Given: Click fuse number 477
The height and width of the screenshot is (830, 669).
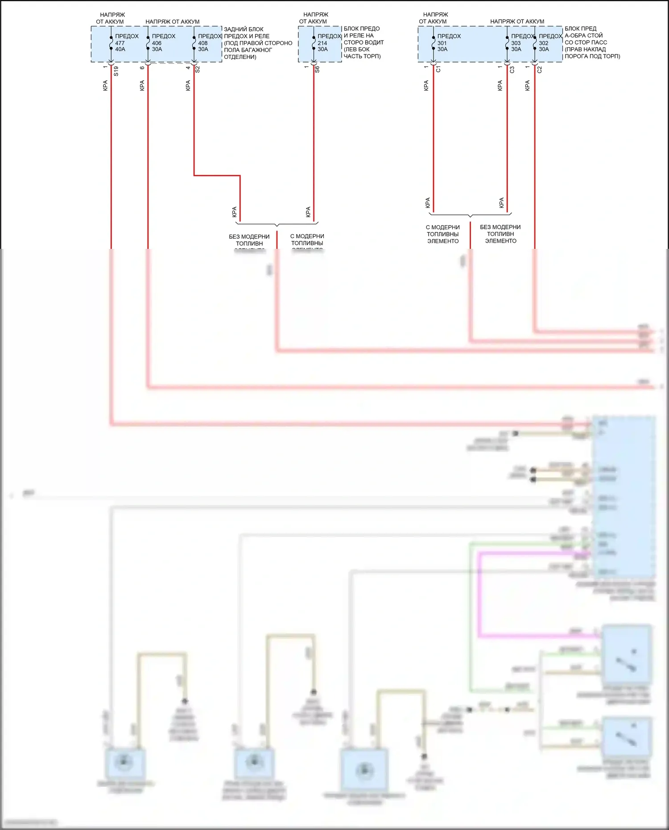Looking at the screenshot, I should (x=120, y=43).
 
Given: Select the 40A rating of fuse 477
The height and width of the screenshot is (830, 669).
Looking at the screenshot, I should (x=120, y=50).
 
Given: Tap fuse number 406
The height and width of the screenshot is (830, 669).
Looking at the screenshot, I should (x=157, y=43).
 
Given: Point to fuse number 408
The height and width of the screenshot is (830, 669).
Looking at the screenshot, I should (x=203, y=43).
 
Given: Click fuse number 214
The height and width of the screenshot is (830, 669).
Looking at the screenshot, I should (x=322, y=43).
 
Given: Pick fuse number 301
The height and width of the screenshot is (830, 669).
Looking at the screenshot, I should (x=442, y=43).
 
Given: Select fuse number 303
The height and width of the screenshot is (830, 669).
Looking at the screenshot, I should (x=516, y=43).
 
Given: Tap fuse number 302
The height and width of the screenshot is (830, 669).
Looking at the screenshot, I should (x=544, y=43).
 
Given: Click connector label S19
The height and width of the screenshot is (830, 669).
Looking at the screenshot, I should (x=116, y=71).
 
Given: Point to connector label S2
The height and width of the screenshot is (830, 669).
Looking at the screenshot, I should (x=198, y=70).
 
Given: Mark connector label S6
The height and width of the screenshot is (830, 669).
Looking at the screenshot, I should (x=317, y=70).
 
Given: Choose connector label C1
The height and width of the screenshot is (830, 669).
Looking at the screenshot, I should (x=438, y=70).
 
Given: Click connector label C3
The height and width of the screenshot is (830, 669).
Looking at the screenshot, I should (x=512, y=70).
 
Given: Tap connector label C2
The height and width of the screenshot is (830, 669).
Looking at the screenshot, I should (x=540, y=70).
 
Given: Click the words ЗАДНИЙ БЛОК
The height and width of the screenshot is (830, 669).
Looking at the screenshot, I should (x=244, y=29).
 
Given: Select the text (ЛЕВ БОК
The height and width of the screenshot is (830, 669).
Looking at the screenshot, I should (x=357, y=50).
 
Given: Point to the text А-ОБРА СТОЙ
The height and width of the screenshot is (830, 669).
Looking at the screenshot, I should (x=583, y=35).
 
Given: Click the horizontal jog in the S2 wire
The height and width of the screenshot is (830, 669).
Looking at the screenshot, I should (x=217, y=176).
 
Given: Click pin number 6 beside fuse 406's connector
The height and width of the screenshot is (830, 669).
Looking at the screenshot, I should (x=142, y=68).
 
